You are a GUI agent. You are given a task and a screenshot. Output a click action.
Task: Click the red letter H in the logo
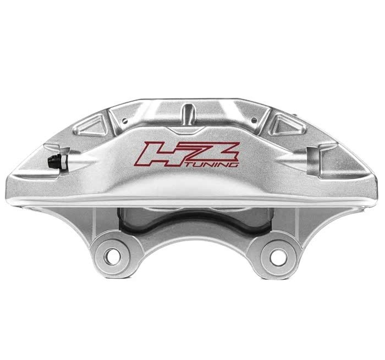162,154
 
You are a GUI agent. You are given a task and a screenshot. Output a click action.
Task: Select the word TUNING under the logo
212,164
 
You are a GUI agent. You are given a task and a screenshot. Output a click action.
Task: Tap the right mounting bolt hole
278,256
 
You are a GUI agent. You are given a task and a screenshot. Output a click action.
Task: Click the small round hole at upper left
125,120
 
